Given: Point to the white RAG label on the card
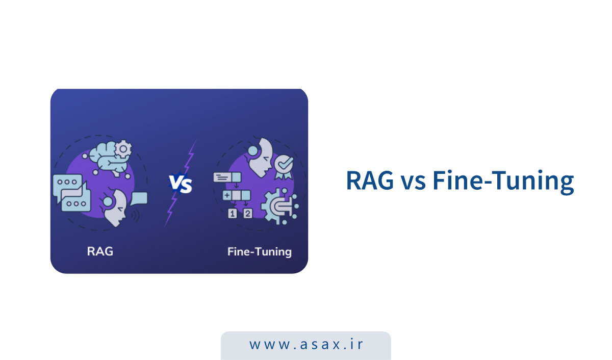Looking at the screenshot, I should point(100,251).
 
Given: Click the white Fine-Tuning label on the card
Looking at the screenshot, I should point(259,251).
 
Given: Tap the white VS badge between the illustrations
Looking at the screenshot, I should point(181,184).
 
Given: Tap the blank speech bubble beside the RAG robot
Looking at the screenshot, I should point(139,198).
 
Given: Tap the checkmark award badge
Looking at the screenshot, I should point(283,166).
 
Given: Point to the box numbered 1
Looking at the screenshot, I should point(233,214).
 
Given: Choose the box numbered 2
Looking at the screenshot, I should point(247,214).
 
